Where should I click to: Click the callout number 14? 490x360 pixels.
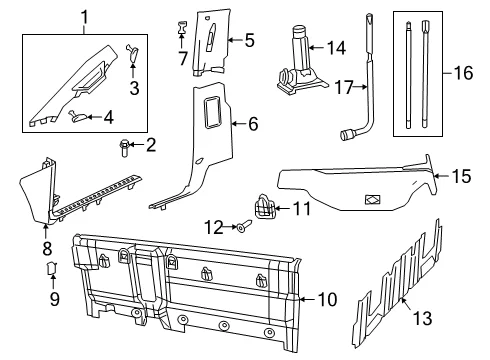336,48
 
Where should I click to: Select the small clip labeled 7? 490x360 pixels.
182,27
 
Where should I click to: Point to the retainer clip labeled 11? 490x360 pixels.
265,206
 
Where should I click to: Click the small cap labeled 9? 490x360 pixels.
51,267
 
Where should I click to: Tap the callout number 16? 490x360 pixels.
463,73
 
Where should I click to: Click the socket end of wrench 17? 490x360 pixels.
347,135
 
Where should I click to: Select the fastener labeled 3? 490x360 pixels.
132,53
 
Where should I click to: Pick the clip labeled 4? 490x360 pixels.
79,116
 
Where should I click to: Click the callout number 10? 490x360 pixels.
328,299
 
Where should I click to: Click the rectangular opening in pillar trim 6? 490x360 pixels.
212,112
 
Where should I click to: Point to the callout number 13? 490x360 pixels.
423,318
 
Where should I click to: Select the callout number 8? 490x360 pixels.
47,248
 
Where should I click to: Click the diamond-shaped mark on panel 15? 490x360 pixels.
373,199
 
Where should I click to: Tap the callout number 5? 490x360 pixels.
249,40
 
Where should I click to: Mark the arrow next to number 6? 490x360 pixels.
238,124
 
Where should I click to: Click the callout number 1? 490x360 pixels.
85,17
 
